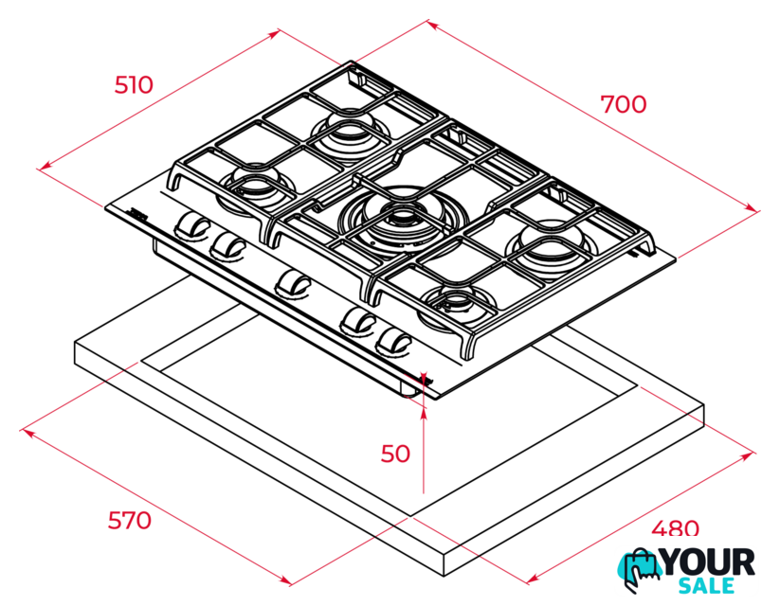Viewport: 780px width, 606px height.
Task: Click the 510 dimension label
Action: point(134,85)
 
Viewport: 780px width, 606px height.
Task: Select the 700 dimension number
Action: point(624,104)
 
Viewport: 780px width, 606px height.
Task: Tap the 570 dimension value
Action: point(129,521)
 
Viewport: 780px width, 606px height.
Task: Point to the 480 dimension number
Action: point(675,528)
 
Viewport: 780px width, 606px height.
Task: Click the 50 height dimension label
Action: point(395,454)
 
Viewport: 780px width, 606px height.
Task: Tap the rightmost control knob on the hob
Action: point(394,342)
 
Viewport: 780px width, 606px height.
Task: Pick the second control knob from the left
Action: point(227,245)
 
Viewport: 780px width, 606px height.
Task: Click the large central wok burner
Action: point(403,216)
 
